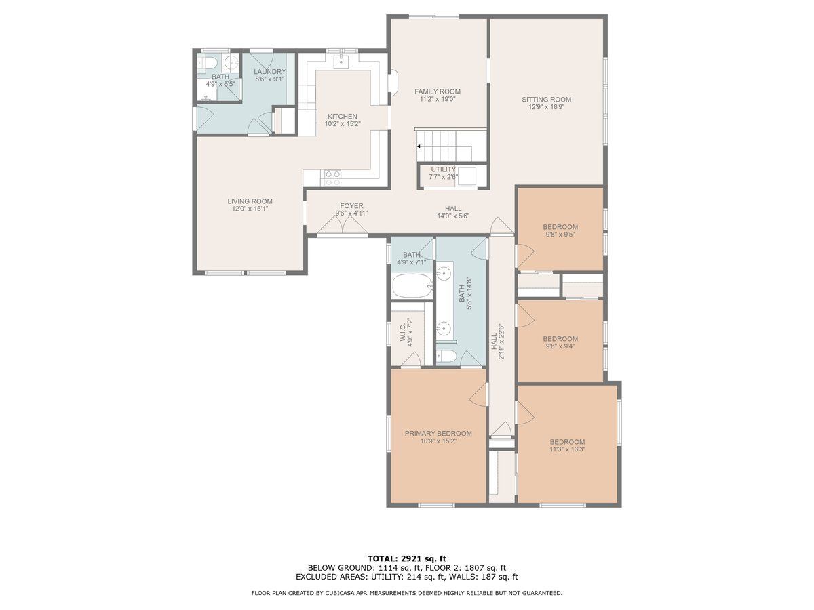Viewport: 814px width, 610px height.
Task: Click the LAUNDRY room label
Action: click(x=269, y=71)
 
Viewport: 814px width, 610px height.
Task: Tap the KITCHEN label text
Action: click(x=343, y=117)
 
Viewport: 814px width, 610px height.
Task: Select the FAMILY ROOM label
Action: click(x=438, y=91)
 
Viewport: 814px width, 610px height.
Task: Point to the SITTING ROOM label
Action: click(x=546, y=99)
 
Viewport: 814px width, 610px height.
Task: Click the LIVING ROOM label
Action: click(x=250, y=201)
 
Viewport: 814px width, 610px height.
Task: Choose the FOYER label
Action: click(x=351, y=205)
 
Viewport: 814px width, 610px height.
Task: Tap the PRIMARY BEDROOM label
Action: click(x=438, y=433)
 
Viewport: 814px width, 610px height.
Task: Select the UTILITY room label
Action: click(x=443, y=169)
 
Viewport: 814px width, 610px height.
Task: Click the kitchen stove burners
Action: click(x=332, y=178)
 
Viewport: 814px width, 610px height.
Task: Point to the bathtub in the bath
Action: click(x=412, y=285)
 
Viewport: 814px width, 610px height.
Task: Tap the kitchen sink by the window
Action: click(x=341, y=61)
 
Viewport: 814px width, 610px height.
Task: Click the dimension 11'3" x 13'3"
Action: click(x=567, y=449)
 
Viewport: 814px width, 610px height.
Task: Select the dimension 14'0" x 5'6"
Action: click(x=453, y=216)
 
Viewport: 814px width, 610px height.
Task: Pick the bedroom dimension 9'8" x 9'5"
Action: click(x=560, y=234)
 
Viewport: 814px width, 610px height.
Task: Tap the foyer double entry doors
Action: click(x=343, y=226)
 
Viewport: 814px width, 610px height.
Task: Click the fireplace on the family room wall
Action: click(x=393, y=83)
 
